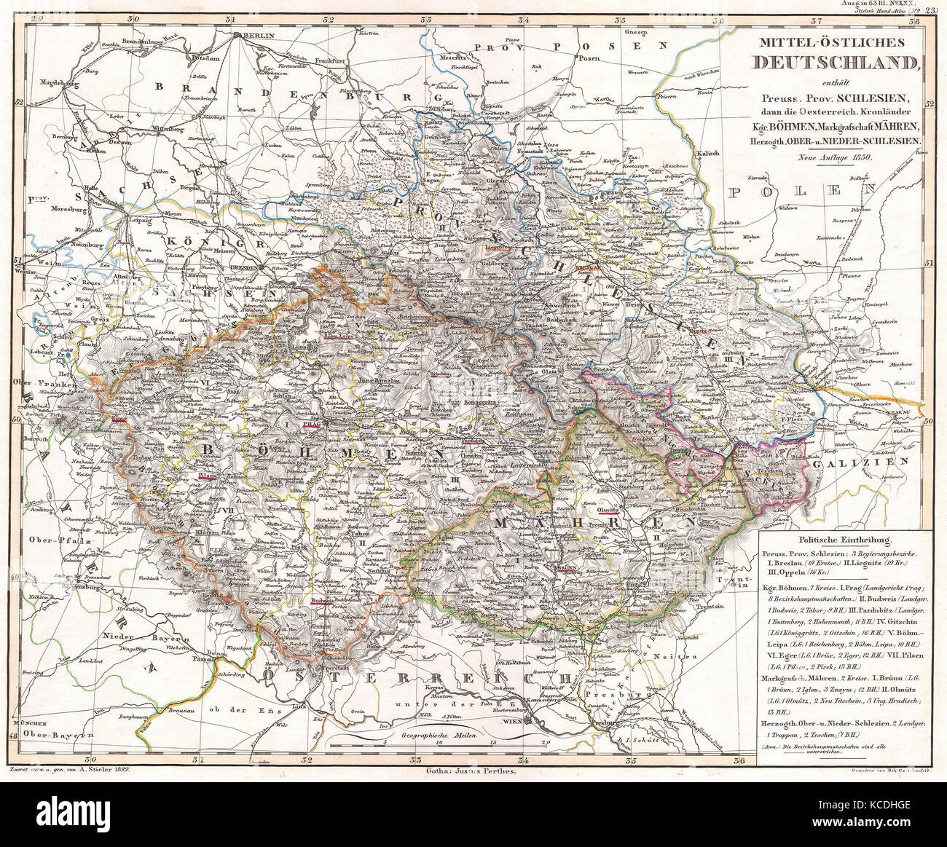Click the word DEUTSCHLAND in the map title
[836, 63]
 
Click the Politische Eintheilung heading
[836, 540]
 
